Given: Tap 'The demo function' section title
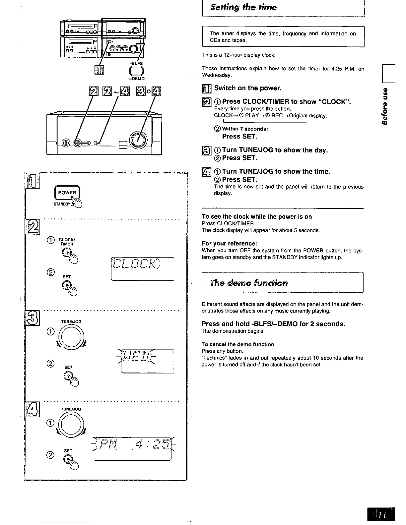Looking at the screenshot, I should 249,283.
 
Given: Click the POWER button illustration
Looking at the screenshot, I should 67,193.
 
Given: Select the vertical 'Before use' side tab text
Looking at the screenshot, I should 385,106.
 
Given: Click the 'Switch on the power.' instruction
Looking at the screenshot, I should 248,88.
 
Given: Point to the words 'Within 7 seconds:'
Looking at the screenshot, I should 245,129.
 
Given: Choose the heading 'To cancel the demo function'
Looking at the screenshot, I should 238,344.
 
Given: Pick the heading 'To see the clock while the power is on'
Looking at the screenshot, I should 257,217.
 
